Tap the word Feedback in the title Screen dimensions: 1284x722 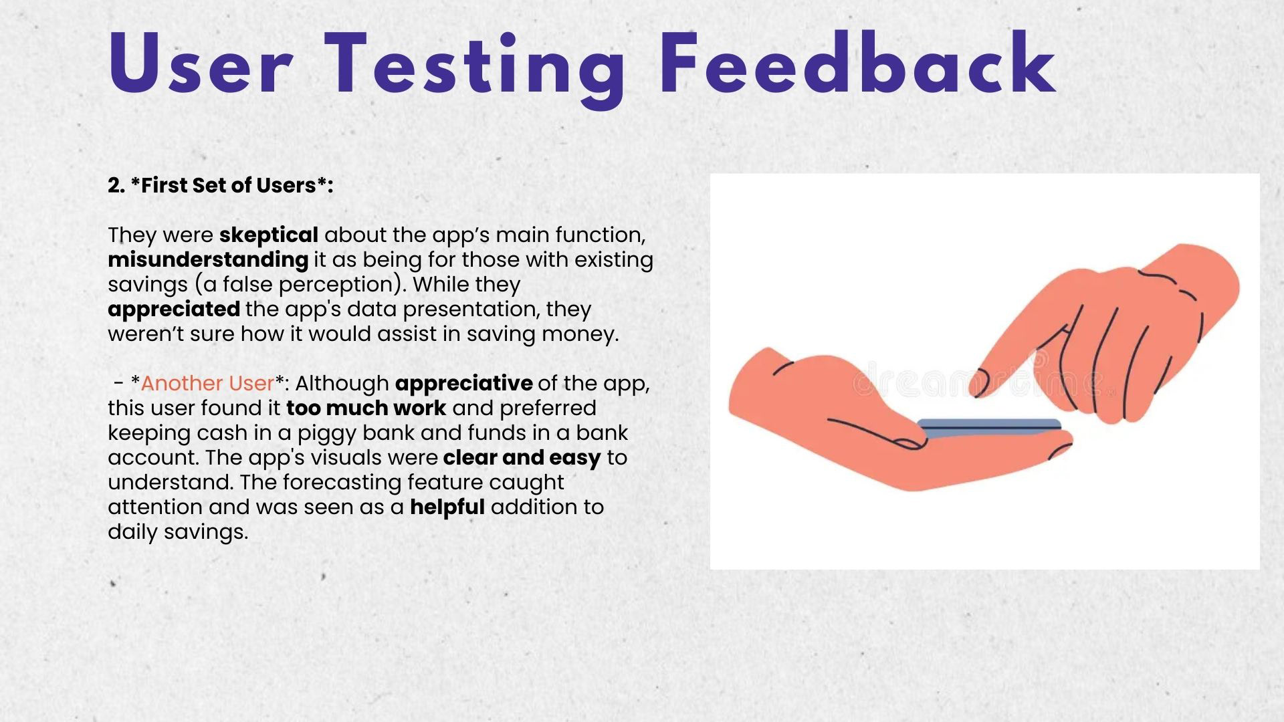[857, 63]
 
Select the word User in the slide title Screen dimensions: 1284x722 [200, 65]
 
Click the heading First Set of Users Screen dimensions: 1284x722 [221, 185]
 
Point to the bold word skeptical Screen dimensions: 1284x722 [269, 235]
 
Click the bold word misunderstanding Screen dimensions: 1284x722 [208, 260]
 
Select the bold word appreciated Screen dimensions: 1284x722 [174, 310]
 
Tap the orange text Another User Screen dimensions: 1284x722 [207, 383]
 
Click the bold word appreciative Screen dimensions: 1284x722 [464, 384]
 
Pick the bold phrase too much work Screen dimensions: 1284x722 [366, 408]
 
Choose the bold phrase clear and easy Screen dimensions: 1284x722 [522, 458]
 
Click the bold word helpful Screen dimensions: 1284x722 [447, 507]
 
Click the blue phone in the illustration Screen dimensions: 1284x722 [990, 427]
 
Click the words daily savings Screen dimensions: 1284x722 [178, 533]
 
